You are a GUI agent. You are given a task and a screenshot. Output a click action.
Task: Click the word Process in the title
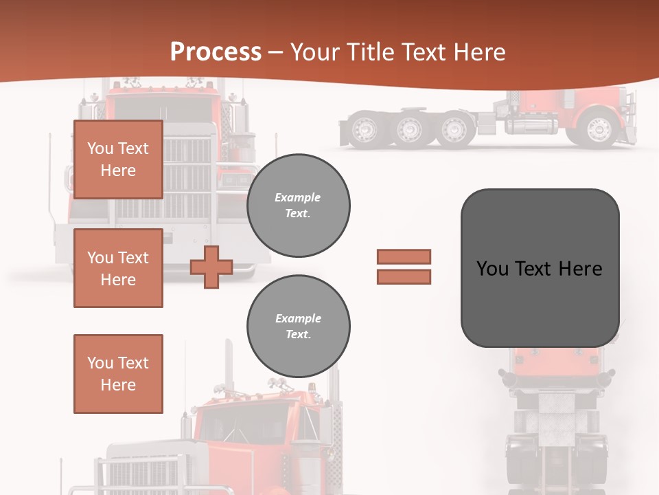216,52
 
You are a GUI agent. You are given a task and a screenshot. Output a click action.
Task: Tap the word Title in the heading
370,52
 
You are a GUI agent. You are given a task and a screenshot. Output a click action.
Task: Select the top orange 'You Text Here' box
118,159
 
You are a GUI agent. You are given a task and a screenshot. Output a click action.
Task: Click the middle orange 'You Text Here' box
118,268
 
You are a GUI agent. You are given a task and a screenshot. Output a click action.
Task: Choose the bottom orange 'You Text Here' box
118,373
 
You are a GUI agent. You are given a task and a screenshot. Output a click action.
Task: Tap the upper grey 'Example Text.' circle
298,205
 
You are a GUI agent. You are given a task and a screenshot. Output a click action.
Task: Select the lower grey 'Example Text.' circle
298,326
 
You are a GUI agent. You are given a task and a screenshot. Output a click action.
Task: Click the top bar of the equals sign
404,256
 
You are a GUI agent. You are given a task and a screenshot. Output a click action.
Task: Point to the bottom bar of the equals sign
404,276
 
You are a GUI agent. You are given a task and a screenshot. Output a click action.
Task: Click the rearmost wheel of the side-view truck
364,129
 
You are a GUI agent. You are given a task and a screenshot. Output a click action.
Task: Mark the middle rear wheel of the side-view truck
409,129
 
